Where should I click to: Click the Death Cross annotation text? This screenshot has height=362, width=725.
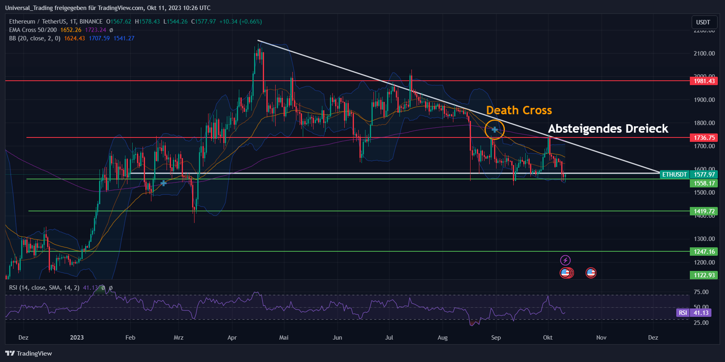pyautogui.click(x=518, y=110)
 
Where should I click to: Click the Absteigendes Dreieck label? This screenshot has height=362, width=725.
pyautogui.click(x=608, y=129)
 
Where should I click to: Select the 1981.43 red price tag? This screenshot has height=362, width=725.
pyautogui.click(x=704, y=81)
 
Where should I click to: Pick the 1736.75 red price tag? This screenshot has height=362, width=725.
pyautogui.click(x=704, y=138)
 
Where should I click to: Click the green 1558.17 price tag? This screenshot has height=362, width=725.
pyautogui.click(x=704, y=183)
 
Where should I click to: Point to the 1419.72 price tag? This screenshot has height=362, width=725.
pyautogui.click(x=704, y=211)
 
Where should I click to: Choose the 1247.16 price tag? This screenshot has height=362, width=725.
pyautogui.click(x=704, y=252)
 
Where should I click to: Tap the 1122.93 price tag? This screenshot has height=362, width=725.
pyautogui.click(x=704, y=275)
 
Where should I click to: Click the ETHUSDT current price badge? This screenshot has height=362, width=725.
pyautogui.click(x=689, y=175)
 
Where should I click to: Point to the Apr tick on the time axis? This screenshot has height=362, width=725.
pyautogui.click(x=232, y=338)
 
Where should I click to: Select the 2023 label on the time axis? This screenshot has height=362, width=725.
pyautogui.click(x=77, y=338)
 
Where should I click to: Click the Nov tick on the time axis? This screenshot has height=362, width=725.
pyautogui.click(x=601, y=338)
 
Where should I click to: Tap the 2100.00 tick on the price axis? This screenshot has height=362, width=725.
pyautogui.click(x=704, y=54)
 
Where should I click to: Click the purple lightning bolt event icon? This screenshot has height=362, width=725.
pyautogui.click(x=565, y=261)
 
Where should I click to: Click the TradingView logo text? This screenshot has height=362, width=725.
pyautogui.click(x=29, y=354)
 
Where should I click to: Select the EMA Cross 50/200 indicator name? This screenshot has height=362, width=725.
pyautogui.click(x=33, y=30)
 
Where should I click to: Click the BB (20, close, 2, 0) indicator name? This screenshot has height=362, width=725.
pyautogui.click(x=35, y=38)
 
